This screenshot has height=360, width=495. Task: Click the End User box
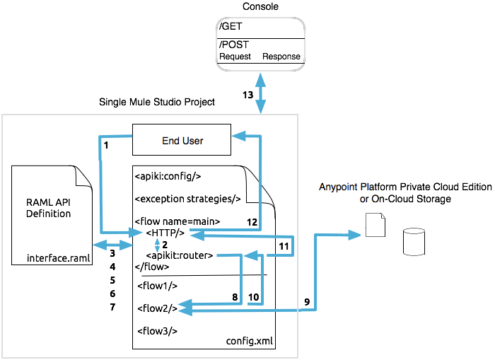pyautogui.click(x=182, y=140)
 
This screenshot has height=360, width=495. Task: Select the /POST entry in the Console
pyautogui.click(x=235, y=45)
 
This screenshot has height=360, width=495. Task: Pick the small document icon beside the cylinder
pyautogui.click(x=374, y=226)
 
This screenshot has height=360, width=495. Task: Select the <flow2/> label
pyautogui.click(x=157, y=307)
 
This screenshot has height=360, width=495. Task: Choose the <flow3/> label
pyautogui.click(x=157, y=330)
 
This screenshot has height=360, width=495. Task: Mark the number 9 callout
pyautogui.click(x=307, y=302)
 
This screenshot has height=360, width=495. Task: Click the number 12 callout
pyautogui.click(x=251, y=222)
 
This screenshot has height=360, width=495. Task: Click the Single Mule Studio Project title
pyautogui.click(x=157, y=103)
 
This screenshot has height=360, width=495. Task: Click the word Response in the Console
pyautogui.click(x=281, y=57)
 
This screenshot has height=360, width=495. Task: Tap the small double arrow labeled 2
pyautogui.click(x=157, y=244)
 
